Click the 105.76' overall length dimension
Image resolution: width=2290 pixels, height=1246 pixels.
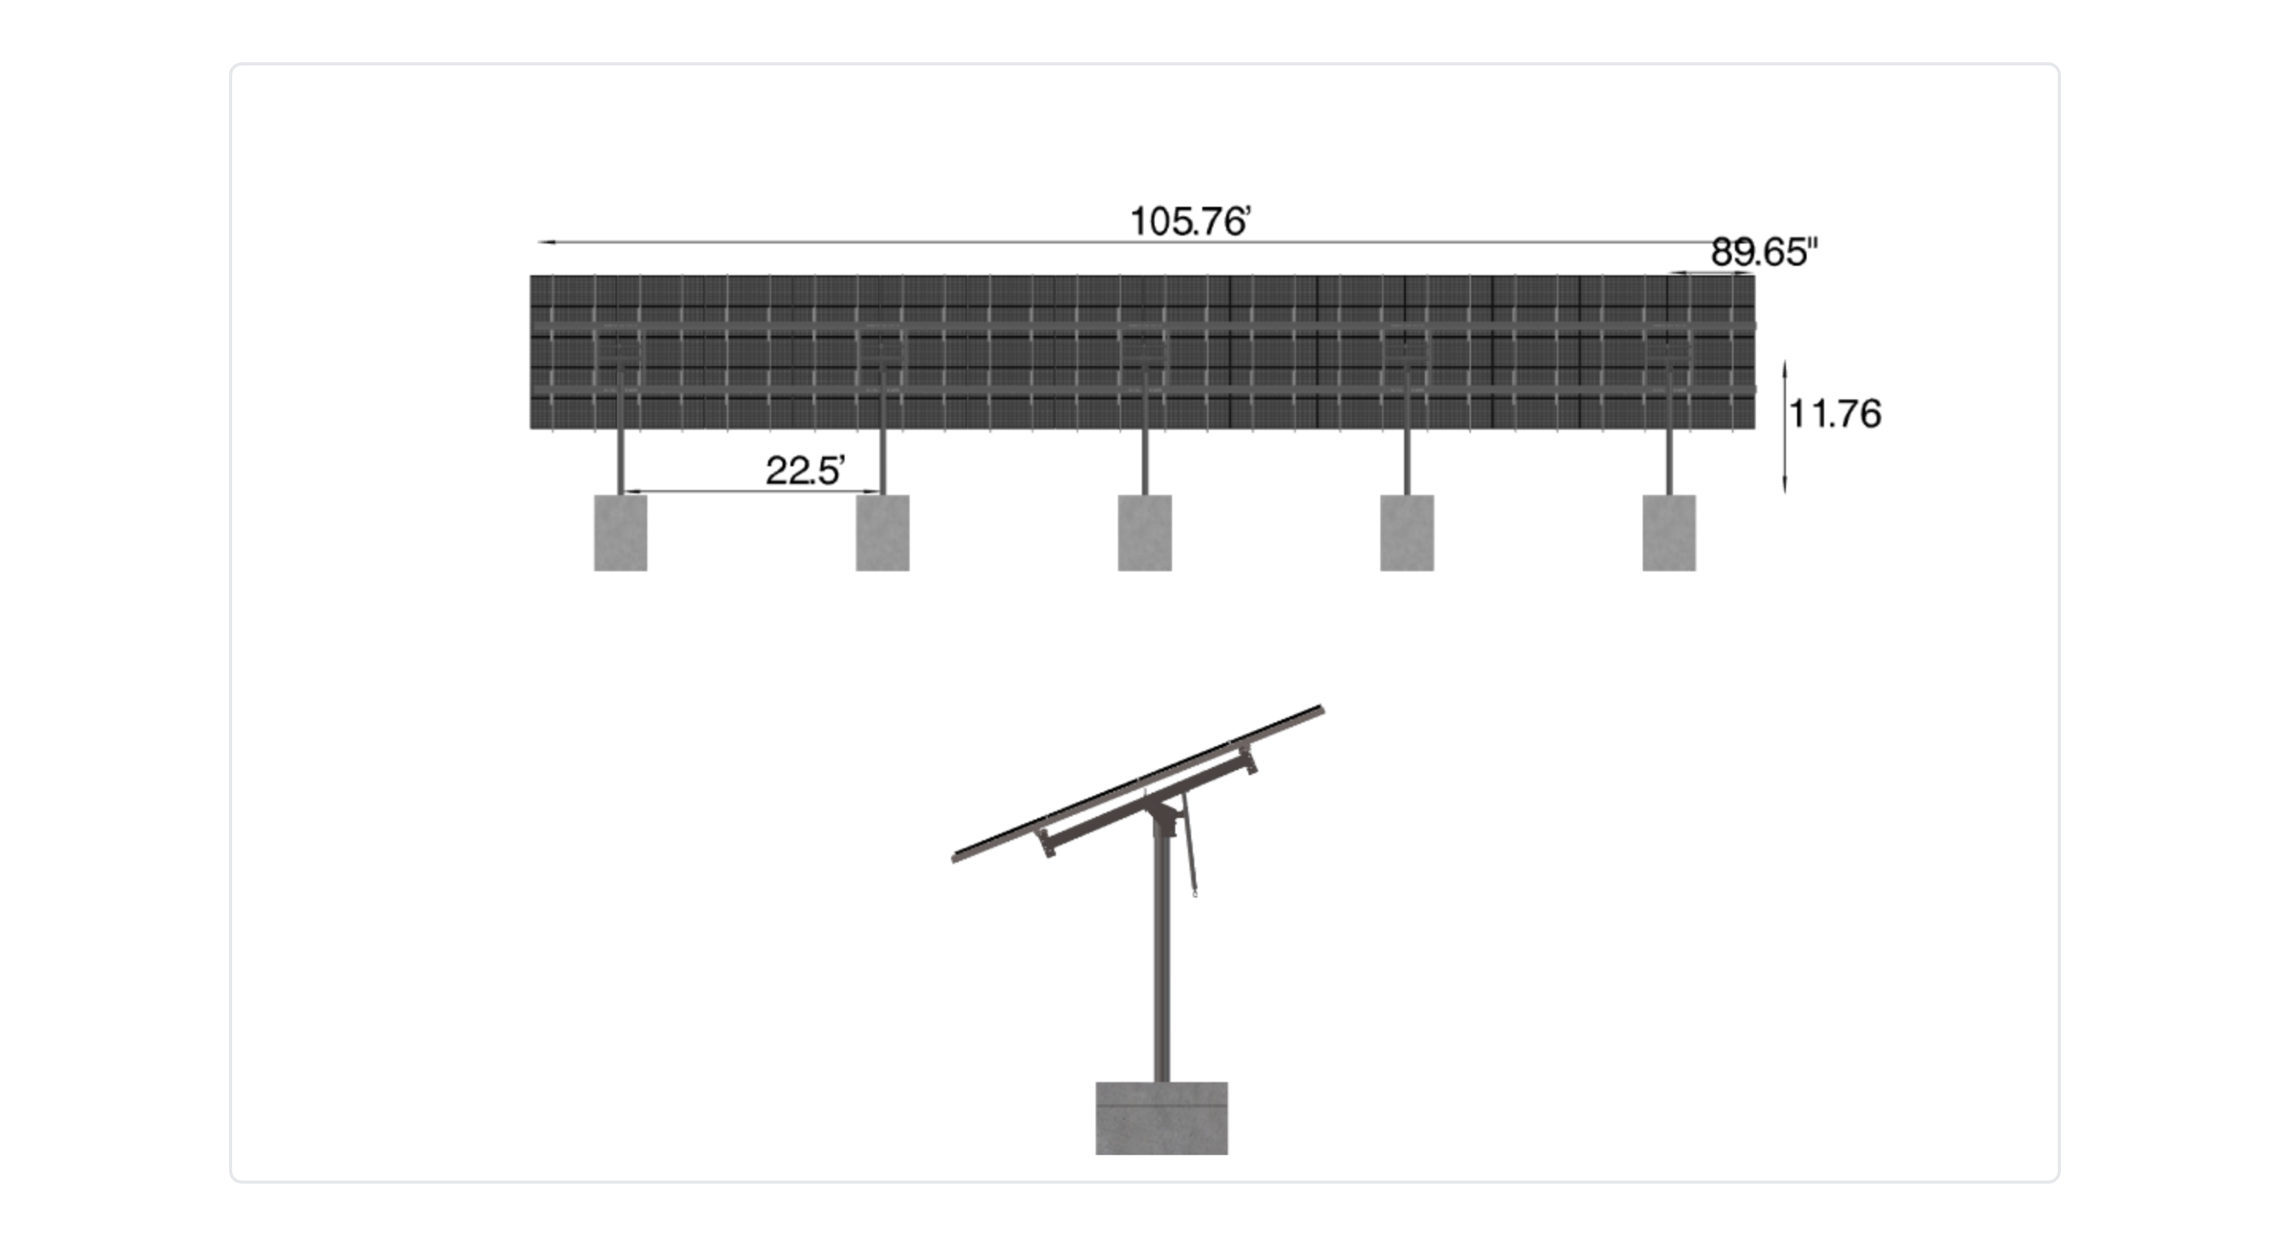pyautogui.click(x=1190, y=221)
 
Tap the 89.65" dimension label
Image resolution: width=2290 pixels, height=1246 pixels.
pyautogui.click(x=1764, y=252)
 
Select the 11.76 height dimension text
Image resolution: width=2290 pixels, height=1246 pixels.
pyautogui.click(x=1835, y=415)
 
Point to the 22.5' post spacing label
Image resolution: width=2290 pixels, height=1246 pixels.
pyautogui.click(x=805, y=470)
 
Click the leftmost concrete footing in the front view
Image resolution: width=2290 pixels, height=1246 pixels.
pyautogui.click(x=620, y=533)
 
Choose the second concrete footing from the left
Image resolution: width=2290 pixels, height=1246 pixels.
pyautogui.click(x=883, y=533)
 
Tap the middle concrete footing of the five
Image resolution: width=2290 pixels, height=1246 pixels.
pyautogui.click(x=1145, y=533)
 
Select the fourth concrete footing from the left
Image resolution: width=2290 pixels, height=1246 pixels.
pyautogui.click(x=1407, y=533)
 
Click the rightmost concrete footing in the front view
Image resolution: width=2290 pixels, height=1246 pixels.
pyautogui.click(x=1670, y=533)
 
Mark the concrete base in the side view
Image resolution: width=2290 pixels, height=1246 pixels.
pyautogui.click(x=1162, y=1118)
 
